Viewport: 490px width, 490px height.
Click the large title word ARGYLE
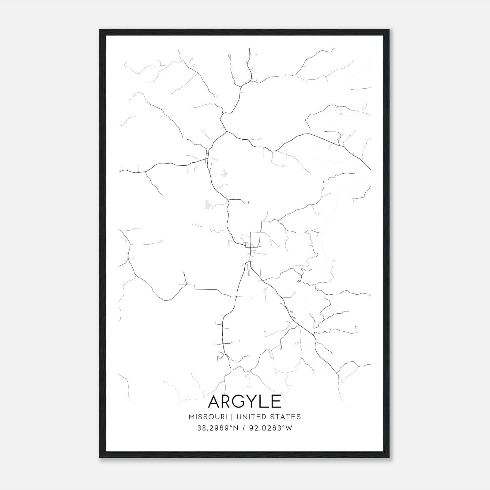click(245, 401)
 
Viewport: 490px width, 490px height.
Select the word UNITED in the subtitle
click(250, 417)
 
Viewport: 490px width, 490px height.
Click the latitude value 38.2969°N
click(218, 428)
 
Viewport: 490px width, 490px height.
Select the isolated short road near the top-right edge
click(361, 89)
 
